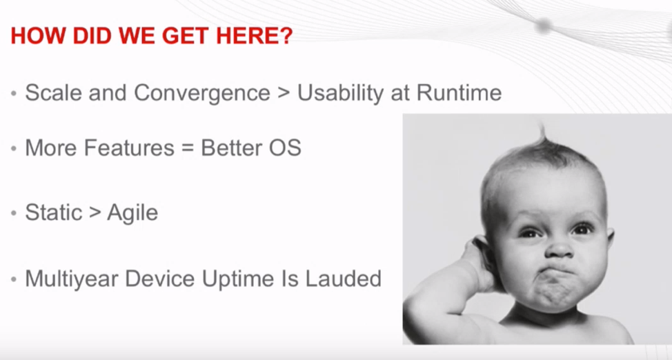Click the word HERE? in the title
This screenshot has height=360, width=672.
(254, 36)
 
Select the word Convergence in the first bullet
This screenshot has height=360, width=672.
(202, 93)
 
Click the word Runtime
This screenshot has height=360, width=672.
(459, 92)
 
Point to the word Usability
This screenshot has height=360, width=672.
(341, 93)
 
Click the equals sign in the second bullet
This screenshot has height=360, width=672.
(188, 148)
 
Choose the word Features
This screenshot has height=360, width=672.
(129, 148)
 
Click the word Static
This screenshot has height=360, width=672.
(54, 212)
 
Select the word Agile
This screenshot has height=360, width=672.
(132, 213)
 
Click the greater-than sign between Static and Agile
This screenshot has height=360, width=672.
(95, 213)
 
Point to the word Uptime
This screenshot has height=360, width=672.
(238, 279)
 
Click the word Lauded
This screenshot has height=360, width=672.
(344, 279)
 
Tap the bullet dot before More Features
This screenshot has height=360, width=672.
(14, 148)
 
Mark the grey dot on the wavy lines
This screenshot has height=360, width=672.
(544, 26)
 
